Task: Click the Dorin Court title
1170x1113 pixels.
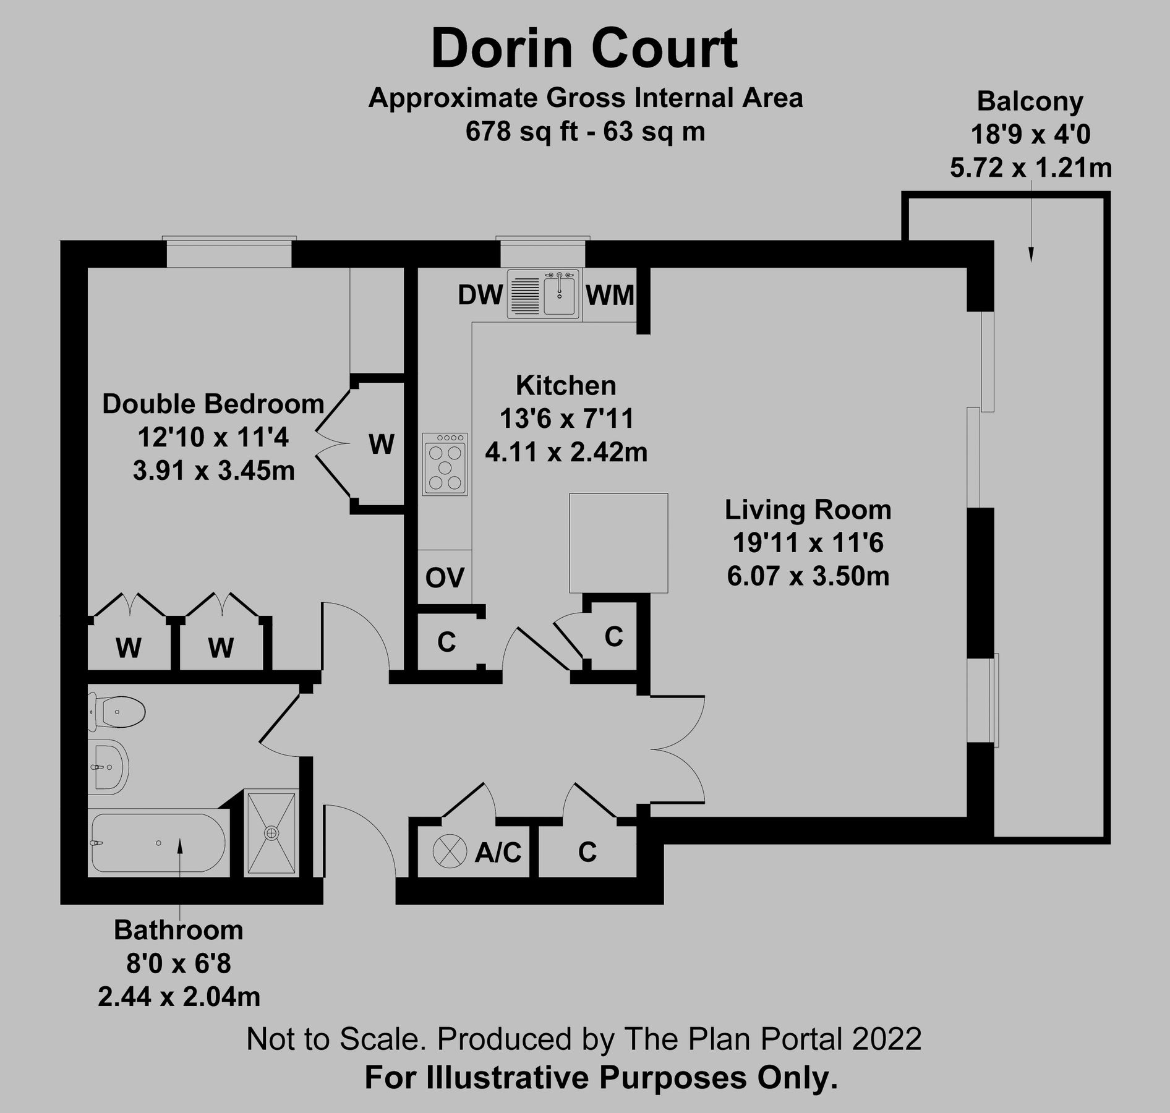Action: click(x=584, y=49)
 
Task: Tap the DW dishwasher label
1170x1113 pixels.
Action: click(x=479, y=296)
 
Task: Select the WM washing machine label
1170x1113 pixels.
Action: click(x=609, y=296)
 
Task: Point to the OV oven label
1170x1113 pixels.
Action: click(x=445, y=578)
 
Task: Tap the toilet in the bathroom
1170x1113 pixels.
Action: click(x=121, y=712)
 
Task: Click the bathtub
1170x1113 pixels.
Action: click(x=158, y=843)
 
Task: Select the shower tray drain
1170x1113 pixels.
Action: click(x=271, y=833)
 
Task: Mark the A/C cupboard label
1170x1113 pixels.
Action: click(x=498, y=853)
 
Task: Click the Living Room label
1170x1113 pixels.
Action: click(x=808, y=510)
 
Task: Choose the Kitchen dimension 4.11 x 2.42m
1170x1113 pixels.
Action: click(x=566, y=453)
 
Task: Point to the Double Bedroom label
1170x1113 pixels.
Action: click(x=213, y=404)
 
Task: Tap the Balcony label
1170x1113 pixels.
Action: click(x=1030, y=101)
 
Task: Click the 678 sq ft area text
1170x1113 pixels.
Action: click(x=522, y=132)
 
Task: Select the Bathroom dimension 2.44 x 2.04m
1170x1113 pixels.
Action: click(x=179, y=997)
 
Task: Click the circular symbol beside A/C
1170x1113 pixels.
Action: click(x=449, y=851)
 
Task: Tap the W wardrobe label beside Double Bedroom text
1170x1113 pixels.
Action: click(x=381, y=444)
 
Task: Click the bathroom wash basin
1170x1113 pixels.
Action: click(x=110, y=767)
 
